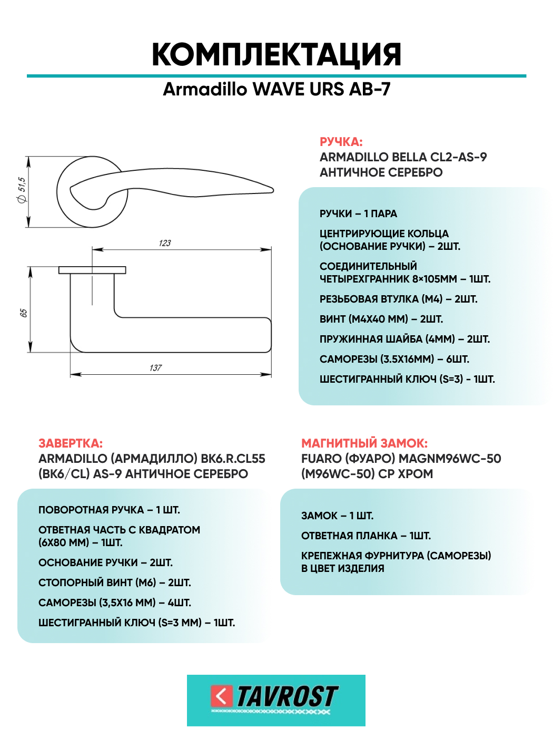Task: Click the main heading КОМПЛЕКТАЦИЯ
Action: coord(276,55)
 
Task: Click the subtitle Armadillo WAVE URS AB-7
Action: coord(276,89)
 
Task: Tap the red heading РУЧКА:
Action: coord(341,142)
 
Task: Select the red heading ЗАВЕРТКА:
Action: coord(71,443)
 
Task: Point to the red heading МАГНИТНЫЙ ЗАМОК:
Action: coord(364,443)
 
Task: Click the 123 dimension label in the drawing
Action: coord(165,243)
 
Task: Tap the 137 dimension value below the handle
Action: coord(155,368)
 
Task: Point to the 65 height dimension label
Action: coord(24,313)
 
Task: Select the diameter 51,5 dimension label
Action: coord(22,190)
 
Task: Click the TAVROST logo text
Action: coord(287,697)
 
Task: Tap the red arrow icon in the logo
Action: coord(221,696)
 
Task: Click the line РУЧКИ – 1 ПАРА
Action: coord(358,213)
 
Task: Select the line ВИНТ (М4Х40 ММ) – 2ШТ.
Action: coord(381,319)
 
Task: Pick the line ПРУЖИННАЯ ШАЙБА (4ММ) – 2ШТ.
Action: coord(404,339)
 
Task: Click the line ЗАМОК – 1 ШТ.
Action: coord(337,516)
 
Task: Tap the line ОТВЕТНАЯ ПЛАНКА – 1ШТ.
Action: coord(366,536)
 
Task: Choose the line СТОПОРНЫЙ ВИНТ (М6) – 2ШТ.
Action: coord(114,582)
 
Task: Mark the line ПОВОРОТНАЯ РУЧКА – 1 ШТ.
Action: coord(109,510)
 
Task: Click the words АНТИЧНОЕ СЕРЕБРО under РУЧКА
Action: coord(381,172)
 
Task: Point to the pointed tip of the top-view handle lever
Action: coord(272,189)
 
